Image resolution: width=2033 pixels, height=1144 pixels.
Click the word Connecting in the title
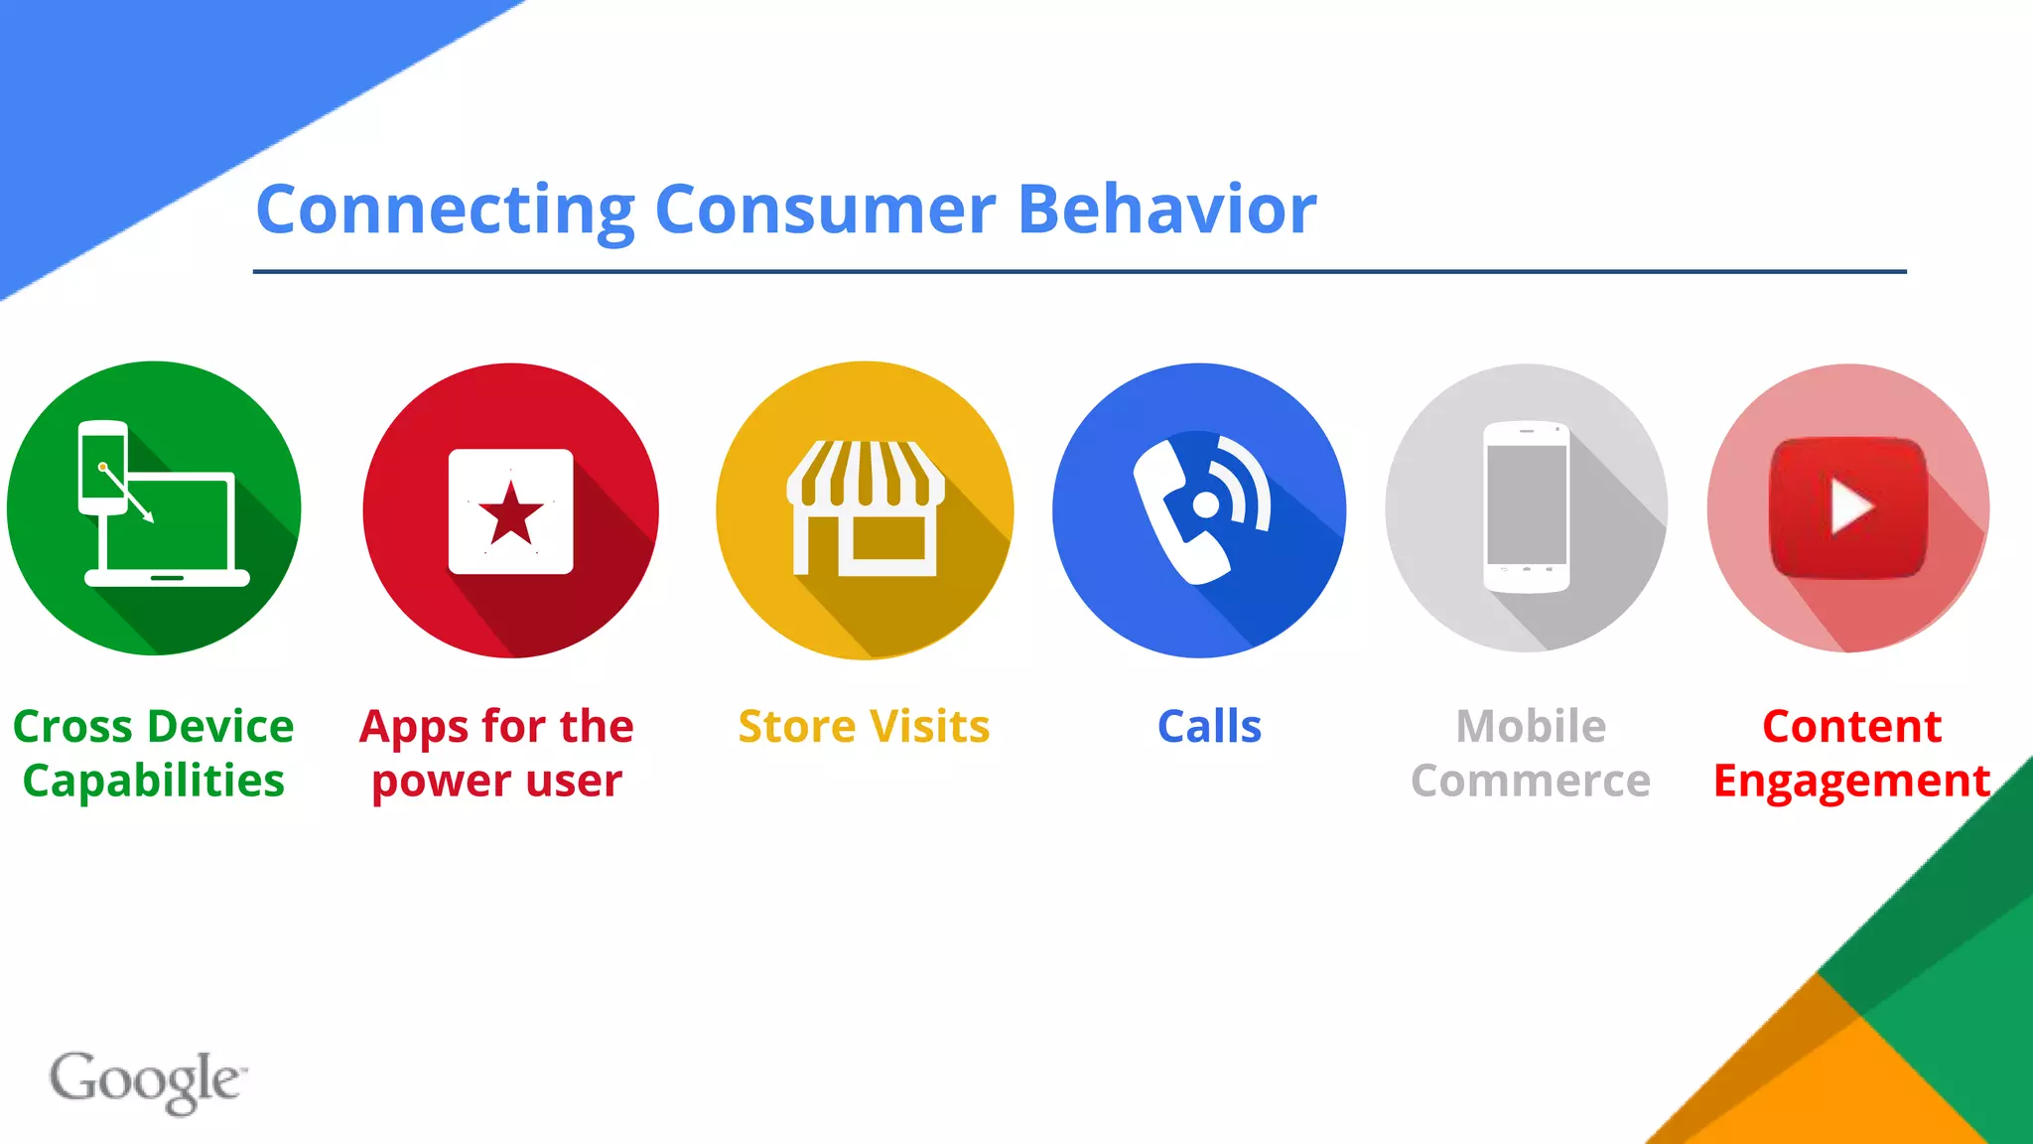[x=445, y=211]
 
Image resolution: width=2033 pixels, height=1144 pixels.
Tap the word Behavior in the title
[x=1167, y=210]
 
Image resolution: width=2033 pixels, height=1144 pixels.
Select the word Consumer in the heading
[x=825, y=210]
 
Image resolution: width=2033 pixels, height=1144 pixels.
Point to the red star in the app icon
[x=511, y=514]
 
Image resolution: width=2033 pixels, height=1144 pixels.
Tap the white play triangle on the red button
[x=1849, y=506]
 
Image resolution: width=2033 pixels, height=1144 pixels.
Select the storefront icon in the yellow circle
[x=865, y=507]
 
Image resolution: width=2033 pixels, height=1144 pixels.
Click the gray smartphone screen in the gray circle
[x=1527, y=504]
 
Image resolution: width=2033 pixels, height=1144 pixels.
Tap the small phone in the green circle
[x=103, y=468]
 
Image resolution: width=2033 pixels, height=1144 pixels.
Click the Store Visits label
[x=864, y=727]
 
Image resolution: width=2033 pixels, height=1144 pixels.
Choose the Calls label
[x=1209, y=727]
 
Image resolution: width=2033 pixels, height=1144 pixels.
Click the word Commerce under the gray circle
[x=1530, y=782]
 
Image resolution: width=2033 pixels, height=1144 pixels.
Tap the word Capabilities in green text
[x=154, y=782]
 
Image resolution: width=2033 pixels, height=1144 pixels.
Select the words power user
[x=496, y=782]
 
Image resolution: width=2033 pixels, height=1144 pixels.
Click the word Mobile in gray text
[x=1530, y=727]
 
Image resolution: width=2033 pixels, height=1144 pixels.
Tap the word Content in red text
[x=1851, y=727]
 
